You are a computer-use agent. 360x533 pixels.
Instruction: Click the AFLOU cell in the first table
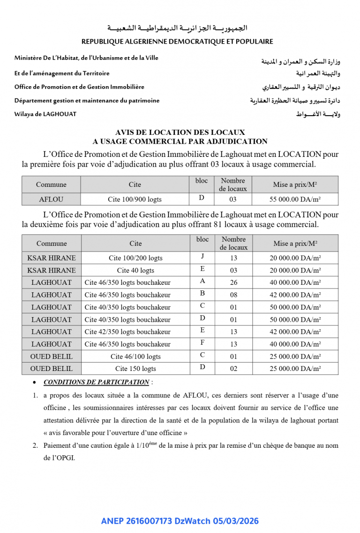(x=51, y=199)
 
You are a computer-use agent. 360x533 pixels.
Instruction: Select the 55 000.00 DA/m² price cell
(x=295, y=199)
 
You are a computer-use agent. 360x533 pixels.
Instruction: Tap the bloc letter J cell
(x=202, y=257)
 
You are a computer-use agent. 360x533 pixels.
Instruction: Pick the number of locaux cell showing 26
(x=233, y=282)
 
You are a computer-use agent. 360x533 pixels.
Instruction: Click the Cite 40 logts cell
(x=135, y=270)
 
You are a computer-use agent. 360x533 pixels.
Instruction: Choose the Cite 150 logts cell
(x=135, y=369)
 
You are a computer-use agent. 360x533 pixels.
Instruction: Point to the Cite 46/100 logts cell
(x=135, y=356)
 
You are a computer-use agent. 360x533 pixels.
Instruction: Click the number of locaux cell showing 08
(x=233, y=295)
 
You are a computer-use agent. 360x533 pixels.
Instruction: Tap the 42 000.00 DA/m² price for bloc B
(x=295, y=295)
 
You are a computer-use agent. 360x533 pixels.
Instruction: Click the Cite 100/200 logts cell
(x=135, y=258)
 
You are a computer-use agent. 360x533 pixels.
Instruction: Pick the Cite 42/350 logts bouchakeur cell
(x=127, y=332)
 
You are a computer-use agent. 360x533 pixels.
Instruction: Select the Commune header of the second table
(x=52, y=243)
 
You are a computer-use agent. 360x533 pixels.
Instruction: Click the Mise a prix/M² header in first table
(x=295, y=185)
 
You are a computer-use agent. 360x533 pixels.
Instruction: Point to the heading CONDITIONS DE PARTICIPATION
(x=96, y=382)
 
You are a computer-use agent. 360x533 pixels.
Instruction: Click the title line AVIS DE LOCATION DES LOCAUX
(x=180, y=133)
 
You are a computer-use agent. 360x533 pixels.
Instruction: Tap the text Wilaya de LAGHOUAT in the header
(x=45, y=114)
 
